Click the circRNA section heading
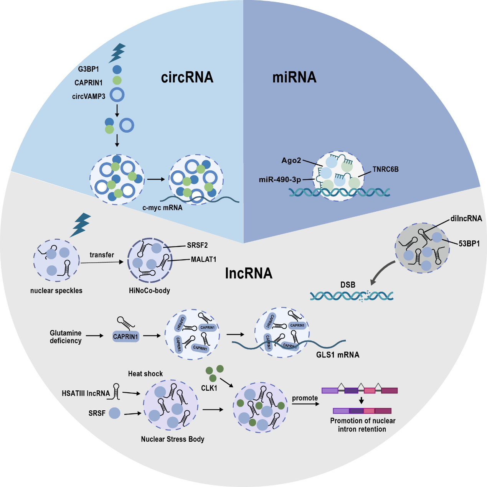pos(187,77)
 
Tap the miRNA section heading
pos(294,77)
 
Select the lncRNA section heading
pos(249,273)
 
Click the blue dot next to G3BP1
pos(117,69)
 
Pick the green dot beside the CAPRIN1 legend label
pos(117,81)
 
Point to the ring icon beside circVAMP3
pos(117,95)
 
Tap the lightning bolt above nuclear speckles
pos(81,224)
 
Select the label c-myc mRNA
pos(162,208)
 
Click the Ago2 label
pos(291,160)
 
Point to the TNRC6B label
pos(385,169)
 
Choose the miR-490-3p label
pos(280,179)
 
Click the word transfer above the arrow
pos(102,255)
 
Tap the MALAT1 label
pos(203,260)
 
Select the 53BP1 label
pos(469,243)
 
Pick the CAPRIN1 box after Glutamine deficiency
pos(125,337)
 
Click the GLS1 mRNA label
pos(338,355)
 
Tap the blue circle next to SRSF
pos(115,413)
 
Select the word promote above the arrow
pos(305,398)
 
